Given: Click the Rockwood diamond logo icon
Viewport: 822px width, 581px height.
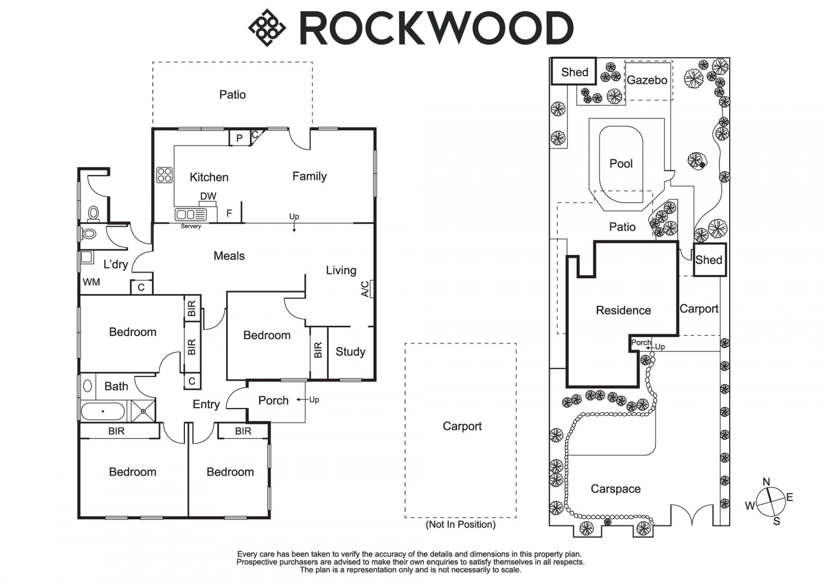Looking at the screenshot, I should (x=267, y=28).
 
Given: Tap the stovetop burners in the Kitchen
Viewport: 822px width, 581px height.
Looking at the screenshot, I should (x=165, y=175).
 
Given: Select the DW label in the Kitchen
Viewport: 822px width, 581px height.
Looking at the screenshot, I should (x=208, y=196).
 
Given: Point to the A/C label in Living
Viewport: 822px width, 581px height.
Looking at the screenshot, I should (x=365, y=289).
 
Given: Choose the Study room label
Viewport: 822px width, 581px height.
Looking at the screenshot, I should (x=350, y=352).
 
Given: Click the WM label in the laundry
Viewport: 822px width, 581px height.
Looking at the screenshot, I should (x=91, y=282).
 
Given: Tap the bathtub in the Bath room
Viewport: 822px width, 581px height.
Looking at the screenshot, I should (x=103, y=411).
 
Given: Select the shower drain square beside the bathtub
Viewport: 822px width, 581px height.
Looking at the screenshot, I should (x=143, y=411).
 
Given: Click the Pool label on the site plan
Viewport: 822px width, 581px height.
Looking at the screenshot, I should (x=621, y=163).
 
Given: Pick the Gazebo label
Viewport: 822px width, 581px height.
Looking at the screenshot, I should (x=647, y=80).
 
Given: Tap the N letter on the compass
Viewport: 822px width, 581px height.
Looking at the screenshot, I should (x=766, y=482).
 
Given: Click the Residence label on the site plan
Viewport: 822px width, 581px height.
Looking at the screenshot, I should (x=623, y=310).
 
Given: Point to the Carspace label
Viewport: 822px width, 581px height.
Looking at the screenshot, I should (x=615, y=489).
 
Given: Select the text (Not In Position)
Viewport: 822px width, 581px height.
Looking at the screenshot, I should (x=460, y=524).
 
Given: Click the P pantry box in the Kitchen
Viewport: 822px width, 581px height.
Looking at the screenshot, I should (x=239, y=138).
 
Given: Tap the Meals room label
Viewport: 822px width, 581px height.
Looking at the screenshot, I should (x=229, y=256).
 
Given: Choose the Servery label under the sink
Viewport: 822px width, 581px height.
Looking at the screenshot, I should (x=191, y=226).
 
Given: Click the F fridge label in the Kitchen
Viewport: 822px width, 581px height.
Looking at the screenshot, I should (x=229, y=213).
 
